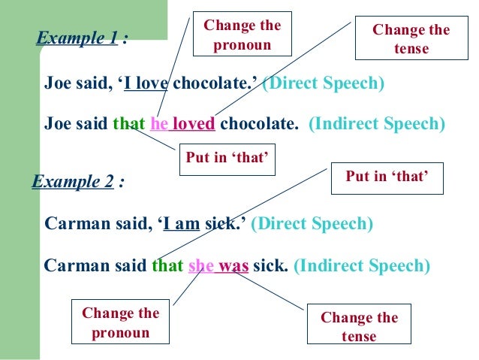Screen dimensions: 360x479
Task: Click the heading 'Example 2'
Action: [x=73, y=182]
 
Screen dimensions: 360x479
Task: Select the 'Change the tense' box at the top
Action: [x=411, y=39]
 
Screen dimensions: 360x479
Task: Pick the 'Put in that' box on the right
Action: [x=386, y=177]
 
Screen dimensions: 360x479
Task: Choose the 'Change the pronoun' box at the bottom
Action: [x=120, y=323]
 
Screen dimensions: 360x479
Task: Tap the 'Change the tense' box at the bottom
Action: [x=359, y=327]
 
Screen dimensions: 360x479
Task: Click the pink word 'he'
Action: [x=159, y=123]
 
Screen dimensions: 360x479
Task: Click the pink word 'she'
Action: [x=201, y=265]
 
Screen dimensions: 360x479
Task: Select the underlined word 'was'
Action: [x=233, y=265]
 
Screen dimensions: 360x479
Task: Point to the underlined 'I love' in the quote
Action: [x=146, y=83]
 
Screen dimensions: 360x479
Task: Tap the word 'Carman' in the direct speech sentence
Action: [x=75, y=223]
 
